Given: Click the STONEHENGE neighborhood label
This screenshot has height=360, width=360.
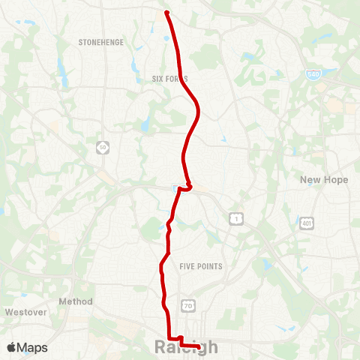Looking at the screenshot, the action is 100,43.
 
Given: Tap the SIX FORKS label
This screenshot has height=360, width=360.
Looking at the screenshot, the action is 169,79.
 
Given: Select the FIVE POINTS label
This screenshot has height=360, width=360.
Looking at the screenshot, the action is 201,266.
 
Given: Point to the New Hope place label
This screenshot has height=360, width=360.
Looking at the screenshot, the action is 324,180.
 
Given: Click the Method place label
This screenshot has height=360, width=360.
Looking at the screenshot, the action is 76,301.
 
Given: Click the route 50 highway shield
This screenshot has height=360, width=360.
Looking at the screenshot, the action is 101,148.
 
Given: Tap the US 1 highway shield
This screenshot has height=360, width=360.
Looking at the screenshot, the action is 235,217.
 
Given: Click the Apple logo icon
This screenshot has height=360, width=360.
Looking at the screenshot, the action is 11,348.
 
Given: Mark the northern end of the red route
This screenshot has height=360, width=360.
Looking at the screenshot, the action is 166,11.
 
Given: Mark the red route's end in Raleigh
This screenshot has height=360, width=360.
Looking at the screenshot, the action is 198,346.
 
